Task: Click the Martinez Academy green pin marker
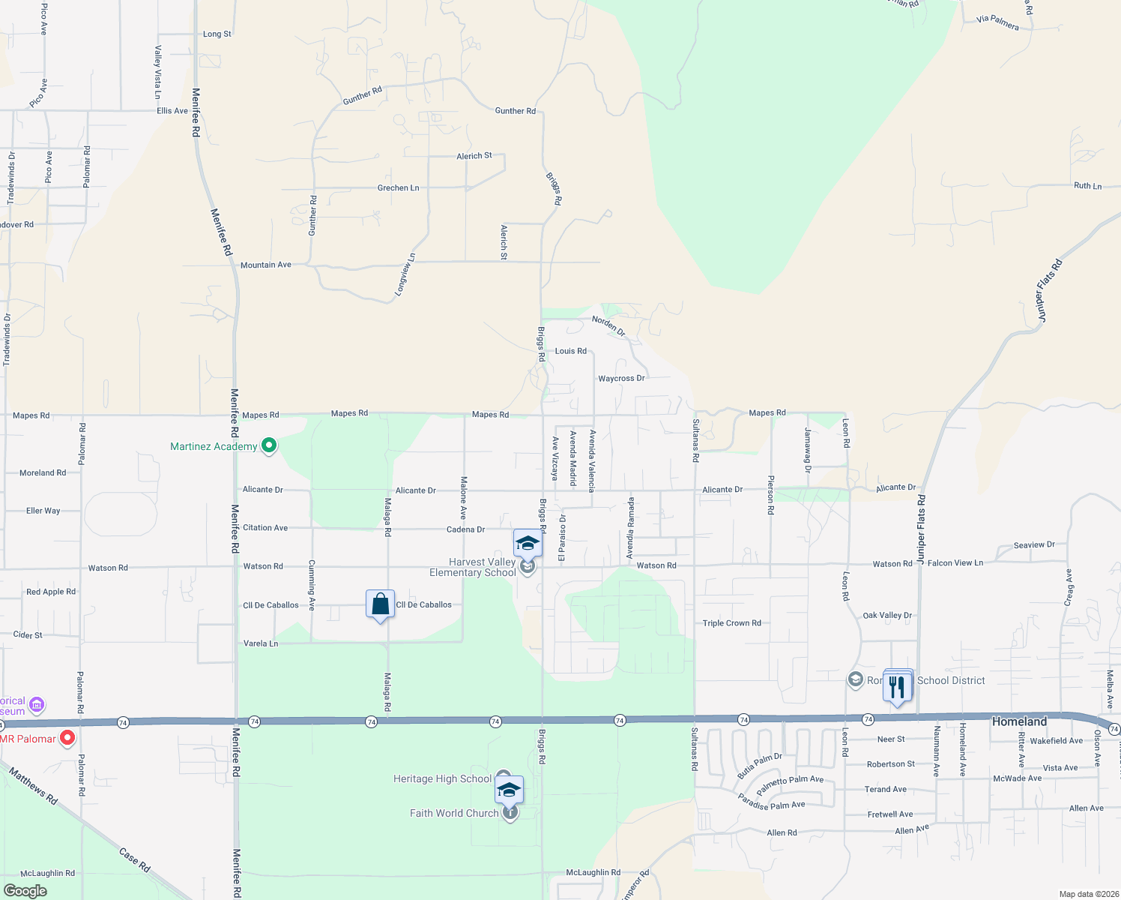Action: [269, 445]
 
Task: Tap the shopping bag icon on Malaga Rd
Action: [380, 604]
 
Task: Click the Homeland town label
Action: [1019, 721]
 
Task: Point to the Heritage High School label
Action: [442, 779]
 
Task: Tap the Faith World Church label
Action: [454, 813]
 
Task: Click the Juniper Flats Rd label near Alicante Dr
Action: [921, 525]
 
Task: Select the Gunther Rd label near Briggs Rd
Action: [515, 111]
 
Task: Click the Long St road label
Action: [217, 34]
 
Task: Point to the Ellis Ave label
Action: [172, 111]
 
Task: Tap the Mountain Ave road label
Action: [266, 265]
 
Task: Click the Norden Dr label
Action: [608, 325]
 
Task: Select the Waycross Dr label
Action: [621, 379]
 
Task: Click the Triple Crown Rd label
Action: [731, 623]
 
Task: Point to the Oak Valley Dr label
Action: [887, 616]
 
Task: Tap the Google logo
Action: [25, 891]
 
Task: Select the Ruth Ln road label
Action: [1087, 186]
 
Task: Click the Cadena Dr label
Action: [465, 529]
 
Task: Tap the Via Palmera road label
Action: [997, 23]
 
